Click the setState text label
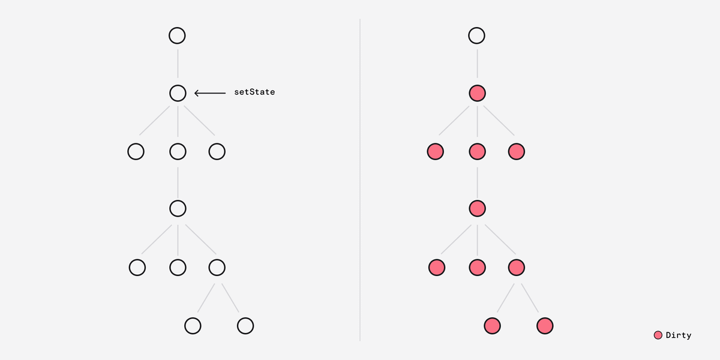tap(254, 92)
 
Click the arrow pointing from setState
tap(210, 93)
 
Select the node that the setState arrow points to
tap(178, 93)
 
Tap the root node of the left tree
tap(177, 35)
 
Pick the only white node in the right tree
tap(476, 35)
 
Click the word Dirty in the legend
tap(679, 335)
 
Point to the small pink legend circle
tap(658, 335)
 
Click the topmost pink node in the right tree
tap(478, 93)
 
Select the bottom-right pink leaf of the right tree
tap(545, 326)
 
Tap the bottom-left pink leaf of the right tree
tap(492, 326)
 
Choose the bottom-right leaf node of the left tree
tap(245, 326)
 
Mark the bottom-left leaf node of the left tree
tap(193, 326)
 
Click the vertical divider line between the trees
tap(360, 180)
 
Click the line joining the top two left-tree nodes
tap(178, 64)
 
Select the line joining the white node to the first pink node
tap(478, 64)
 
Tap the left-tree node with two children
tap(217, 268)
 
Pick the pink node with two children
tap(517, 268)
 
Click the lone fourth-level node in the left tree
tap(178, 209)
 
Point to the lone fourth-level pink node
tap(478, 209)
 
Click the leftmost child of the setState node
tap(136, 151)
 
